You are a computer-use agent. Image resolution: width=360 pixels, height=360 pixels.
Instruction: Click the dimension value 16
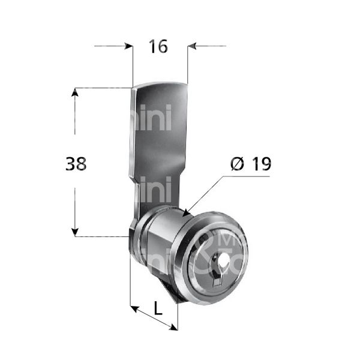coord(160,46)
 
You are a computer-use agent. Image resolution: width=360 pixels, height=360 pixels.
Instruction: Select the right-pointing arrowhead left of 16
coord(128,46)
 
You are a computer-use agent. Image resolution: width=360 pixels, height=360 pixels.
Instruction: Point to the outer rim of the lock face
coord(233,236)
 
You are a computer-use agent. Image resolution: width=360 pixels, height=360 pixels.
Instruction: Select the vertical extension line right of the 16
coord(188,66)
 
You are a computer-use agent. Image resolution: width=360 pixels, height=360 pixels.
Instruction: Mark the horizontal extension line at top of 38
coord(102,88)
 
